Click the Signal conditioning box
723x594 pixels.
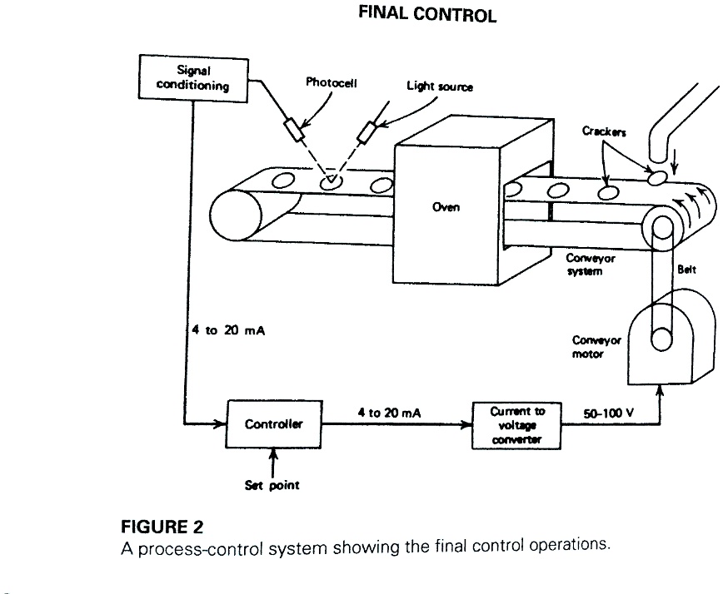click(192, 78)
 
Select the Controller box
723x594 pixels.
click(274, 424)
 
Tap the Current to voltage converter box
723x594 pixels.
click(517, 425)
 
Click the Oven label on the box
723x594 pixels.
click(446, 207)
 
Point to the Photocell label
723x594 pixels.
click(332, 84)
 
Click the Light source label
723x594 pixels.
click(439, 87)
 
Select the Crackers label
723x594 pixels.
click(604, 131)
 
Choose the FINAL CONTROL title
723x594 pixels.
click(427, 16)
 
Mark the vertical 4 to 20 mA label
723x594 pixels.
click(223, 329)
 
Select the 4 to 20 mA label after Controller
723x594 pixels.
click(389, 412)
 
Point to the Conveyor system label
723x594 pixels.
click(590, 265)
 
